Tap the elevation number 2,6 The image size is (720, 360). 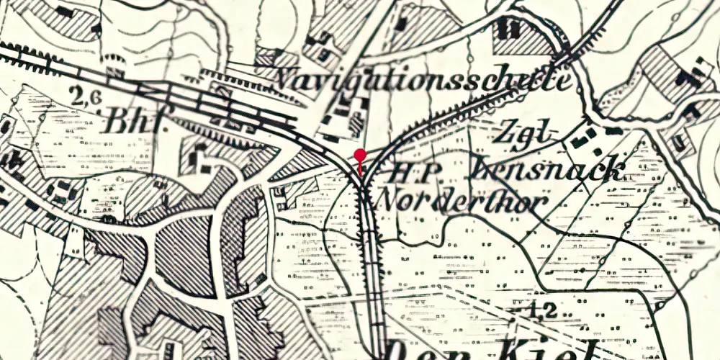86,95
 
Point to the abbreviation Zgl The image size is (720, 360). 528,134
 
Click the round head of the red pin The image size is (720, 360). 361,154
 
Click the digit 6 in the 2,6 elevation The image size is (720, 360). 94,96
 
